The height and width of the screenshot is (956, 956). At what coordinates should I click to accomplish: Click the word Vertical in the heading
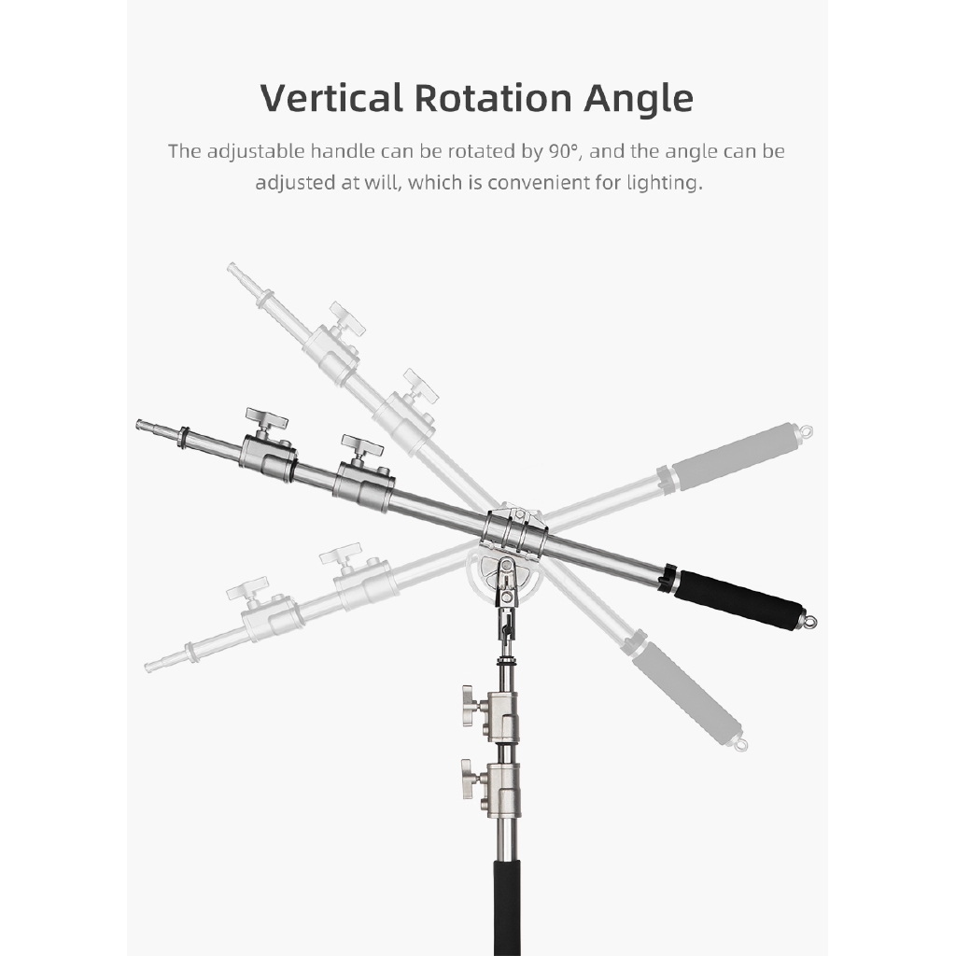pos(331,97)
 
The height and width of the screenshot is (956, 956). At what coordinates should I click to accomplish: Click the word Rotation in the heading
pos(493,97)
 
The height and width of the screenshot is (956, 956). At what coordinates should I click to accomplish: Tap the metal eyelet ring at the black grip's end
pos(810,621)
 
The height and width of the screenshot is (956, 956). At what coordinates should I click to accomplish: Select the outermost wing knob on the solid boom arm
pos(266,419)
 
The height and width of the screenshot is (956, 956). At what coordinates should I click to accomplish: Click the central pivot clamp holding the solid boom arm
pos(515,531)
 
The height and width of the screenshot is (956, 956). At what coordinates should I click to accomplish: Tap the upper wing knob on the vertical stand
pos(469,705)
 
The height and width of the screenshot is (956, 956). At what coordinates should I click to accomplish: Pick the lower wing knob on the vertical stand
pos(469,778)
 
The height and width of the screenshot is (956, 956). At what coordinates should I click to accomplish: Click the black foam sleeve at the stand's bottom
pos(507,907)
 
